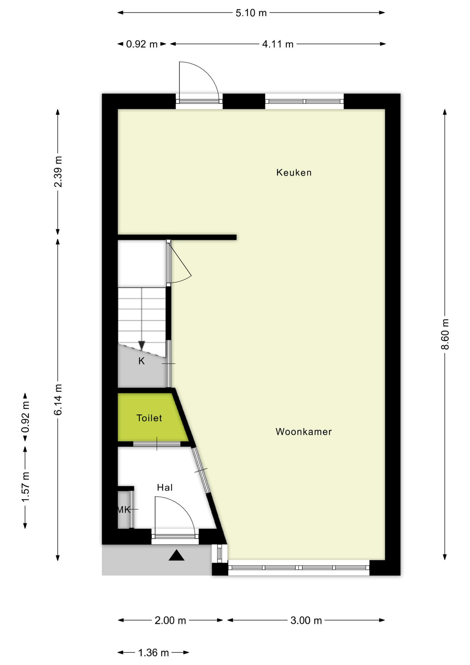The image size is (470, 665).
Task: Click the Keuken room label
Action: (x=294, y=172)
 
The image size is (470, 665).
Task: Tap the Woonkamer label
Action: (x=304, y=432)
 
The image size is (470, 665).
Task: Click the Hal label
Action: (x=165, y=488)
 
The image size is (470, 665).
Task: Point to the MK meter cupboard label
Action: (x=124, y=509)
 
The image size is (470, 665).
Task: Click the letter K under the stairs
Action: (x=142, y=361)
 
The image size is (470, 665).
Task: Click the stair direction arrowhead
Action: (x=142, y=345)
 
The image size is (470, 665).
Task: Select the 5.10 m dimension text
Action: (x=251, y=13)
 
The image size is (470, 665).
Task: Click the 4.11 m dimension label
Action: (x=278, y=44)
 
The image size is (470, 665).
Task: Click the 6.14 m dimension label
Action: (x=58, y=399)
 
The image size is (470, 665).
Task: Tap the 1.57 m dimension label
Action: (x=25, y=487)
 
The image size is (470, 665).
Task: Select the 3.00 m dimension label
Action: (x=306, y=620)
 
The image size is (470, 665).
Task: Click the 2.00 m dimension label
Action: (x=170, y=620)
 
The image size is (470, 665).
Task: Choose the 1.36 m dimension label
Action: (x=153, y=653)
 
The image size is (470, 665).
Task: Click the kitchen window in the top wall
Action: (x=304, y=101)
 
